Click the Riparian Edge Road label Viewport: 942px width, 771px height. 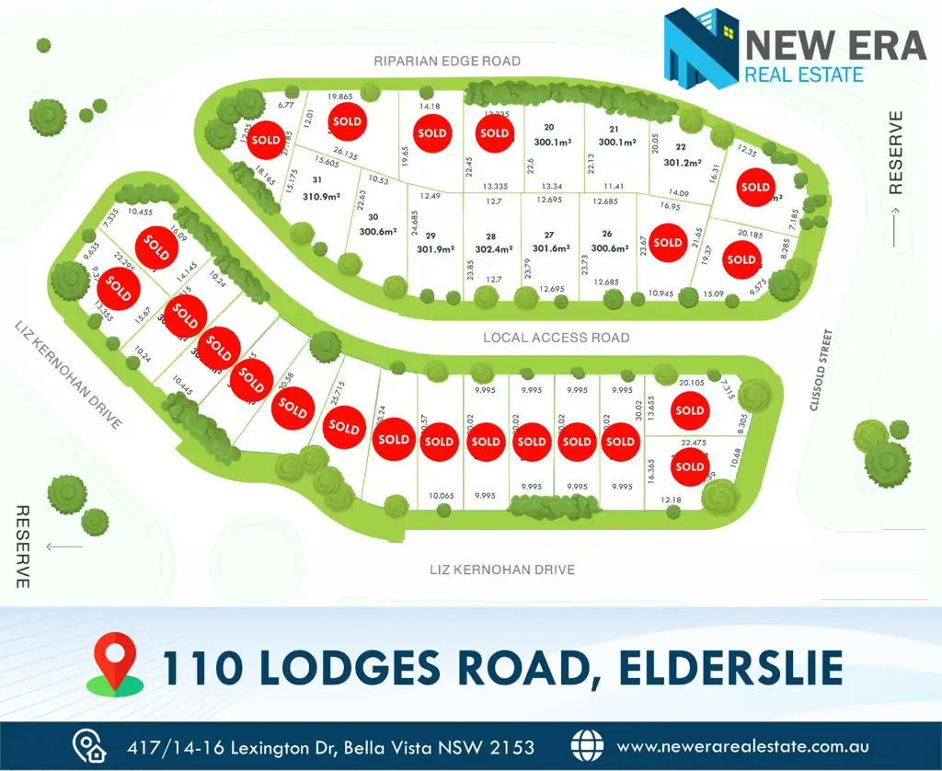[x=447, y=62]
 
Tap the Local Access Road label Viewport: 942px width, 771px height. [x=557, y=338]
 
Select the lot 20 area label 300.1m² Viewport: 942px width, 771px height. [x=552, y=142]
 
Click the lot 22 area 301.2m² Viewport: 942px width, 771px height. [x=682, y=162]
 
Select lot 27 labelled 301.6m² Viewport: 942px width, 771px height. [x=551, y=248]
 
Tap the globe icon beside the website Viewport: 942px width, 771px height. [x=587, y=746]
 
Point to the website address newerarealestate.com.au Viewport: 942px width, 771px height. [x=741, y=746]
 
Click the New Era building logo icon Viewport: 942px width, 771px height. [x=701, y=49]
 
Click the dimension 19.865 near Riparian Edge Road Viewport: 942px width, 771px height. [x=340, y=97]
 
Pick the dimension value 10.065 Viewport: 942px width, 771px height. [x=442, y=496]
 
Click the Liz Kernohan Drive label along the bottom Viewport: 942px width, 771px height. [x=502, y=570]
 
